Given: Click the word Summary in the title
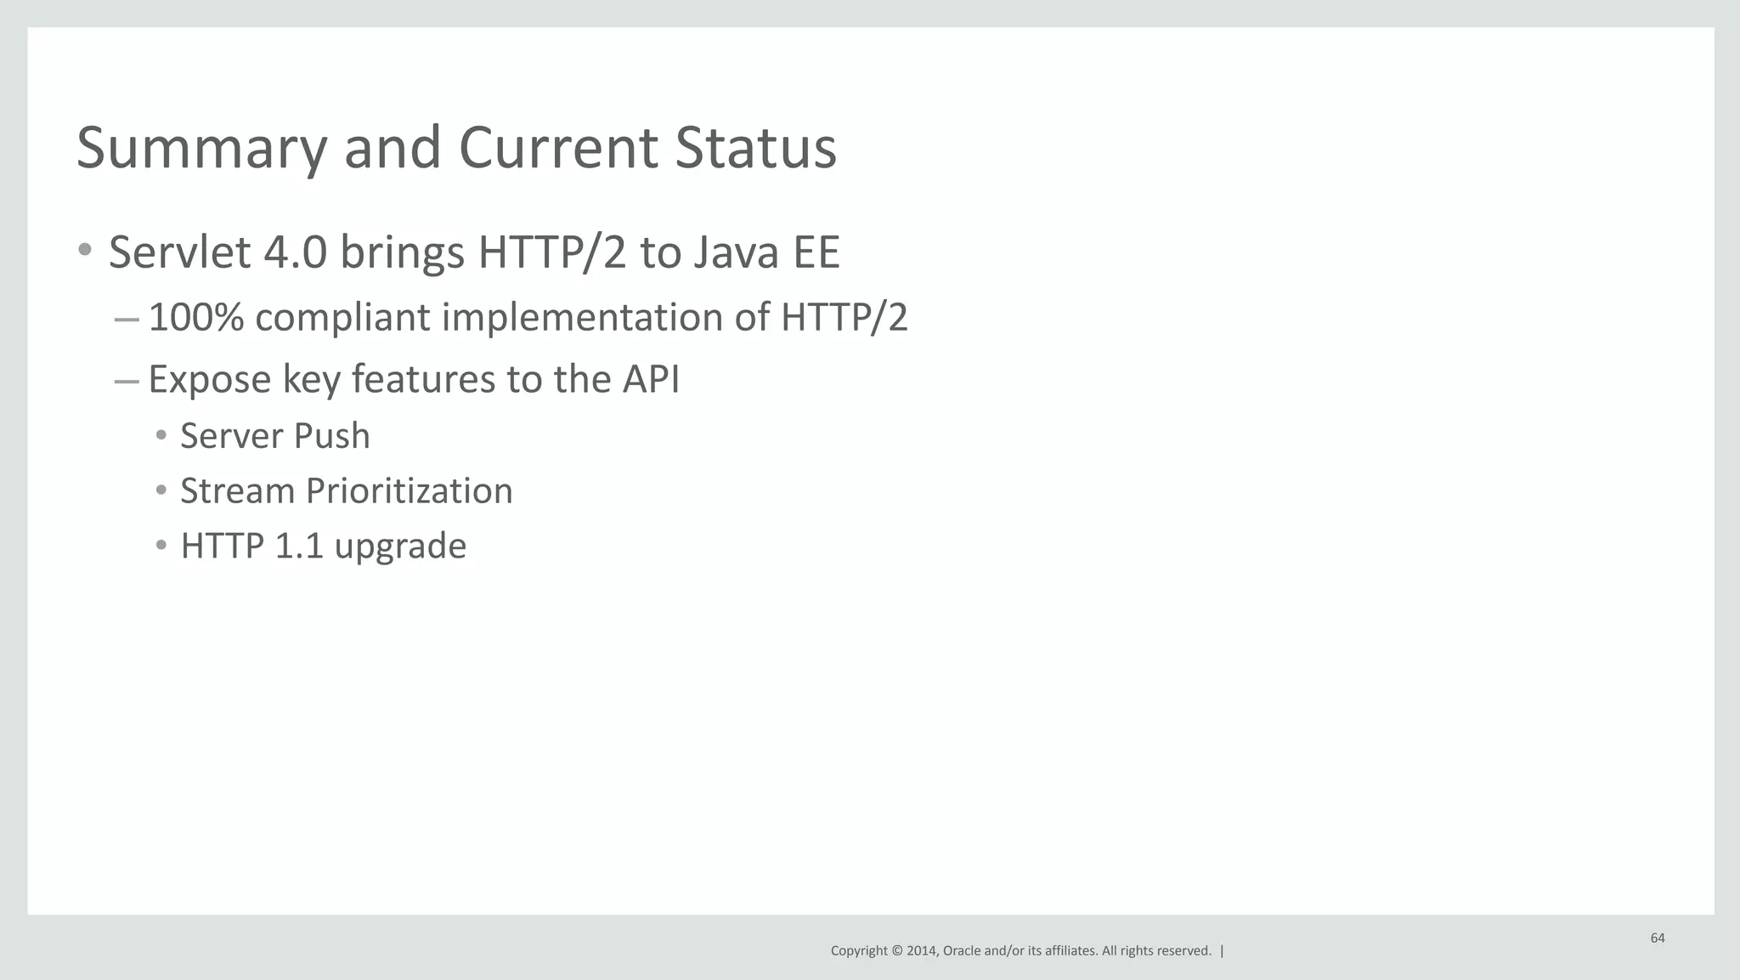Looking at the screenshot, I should coord(201,149).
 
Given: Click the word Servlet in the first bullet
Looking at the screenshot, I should coord(179,252).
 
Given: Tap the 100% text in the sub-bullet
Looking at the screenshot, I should coord(195,317).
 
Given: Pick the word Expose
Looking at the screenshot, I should coord(209,379).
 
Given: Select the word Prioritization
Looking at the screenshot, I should coord(409,491).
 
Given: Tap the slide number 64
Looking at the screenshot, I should coord(1658,938).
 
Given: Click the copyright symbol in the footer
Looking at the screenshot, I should coord(896,951).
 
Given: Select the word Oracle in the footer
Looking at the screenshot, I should coord(962,951).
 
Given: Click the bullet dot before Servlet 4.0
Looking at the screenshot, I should coord(84,250).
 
